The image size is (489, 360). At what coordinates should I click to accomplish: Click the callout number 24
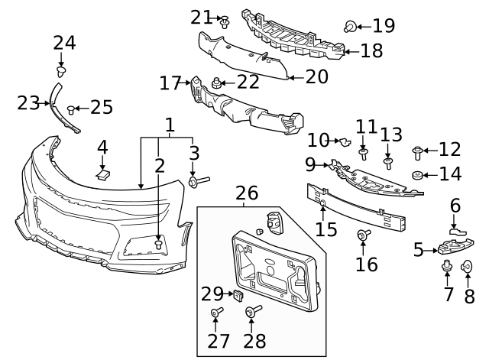tap(65, 43)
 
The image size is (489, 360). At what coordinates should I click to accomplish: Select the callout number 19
tap(384, 26)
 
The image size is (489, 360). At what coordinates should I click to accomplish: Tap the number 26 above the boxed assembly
tap(246, 193)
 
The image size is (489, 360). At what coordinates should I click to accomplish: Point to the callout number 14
tap(450, 174)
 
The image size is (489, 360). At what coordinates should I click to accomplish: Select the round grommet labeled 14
tap(419, 177)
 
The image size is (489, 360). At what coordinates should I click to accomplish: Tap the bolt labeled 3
tap(196, 181)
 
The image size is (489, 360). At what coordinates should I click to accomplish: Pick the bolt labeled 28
tap(250, 311)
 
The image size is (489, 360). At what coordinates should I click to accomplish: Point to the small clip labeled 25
tap(73, 109)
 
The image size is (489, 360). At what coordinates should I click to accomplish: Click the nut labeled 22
tap(218, 82)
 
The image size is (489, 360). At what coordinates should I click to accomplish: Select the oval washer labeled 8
tap(468, 268)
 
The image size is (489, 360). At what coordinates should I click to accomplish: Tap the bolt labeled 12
tap(418, 151)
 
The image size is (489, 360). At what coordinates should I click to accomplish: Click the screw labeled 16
tap(364, 235)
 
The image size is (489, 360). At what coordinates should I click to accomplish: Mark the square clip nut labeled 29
tap(238, 292)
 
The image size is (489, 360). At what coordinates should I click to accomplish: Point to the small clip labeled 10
tap(345, 141)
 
